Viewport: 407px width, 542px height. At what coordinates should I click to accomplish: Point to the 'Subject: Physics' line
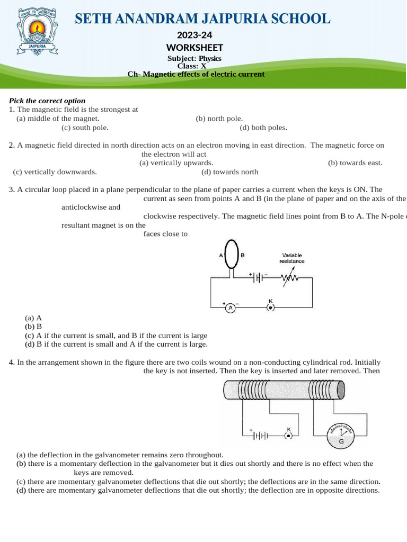click(194, 59)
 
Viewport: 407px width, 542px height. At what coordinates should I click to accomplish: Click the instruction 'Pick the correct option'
click(47, 101)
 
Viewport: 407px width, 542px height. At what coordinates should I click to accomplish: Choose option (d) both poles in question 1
click(263, 128)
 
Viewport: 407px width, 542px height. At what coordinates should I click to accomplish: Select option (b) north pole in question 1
click(219, 119)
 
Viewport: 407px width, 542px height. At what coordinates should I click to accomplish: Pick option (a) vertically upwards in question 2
click(176, 163)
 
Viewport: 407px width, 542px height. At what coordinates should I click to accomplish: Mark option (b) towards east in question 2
click(355, 163)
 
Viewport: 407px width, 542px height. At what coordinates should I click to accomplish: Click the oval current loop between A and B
click(232, 255)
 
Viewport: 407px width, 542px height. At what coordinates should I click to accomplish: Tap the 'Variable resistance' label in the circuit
click(292, 258)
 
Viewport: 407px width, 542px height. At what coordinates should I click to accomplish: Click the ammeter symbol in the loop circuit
click(231, 308)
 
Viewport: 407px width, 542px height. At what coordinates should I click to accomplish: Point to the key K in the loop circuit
click(270, 306)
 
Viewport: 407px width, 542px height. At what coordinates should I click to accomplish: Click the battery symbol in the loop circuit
click(258, 277)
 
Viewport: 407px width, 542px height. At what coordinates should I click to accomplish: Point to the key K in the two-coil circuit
click(288, 435)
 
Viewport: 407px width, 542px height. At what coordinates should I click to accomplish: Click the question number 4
click(12, 363)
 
